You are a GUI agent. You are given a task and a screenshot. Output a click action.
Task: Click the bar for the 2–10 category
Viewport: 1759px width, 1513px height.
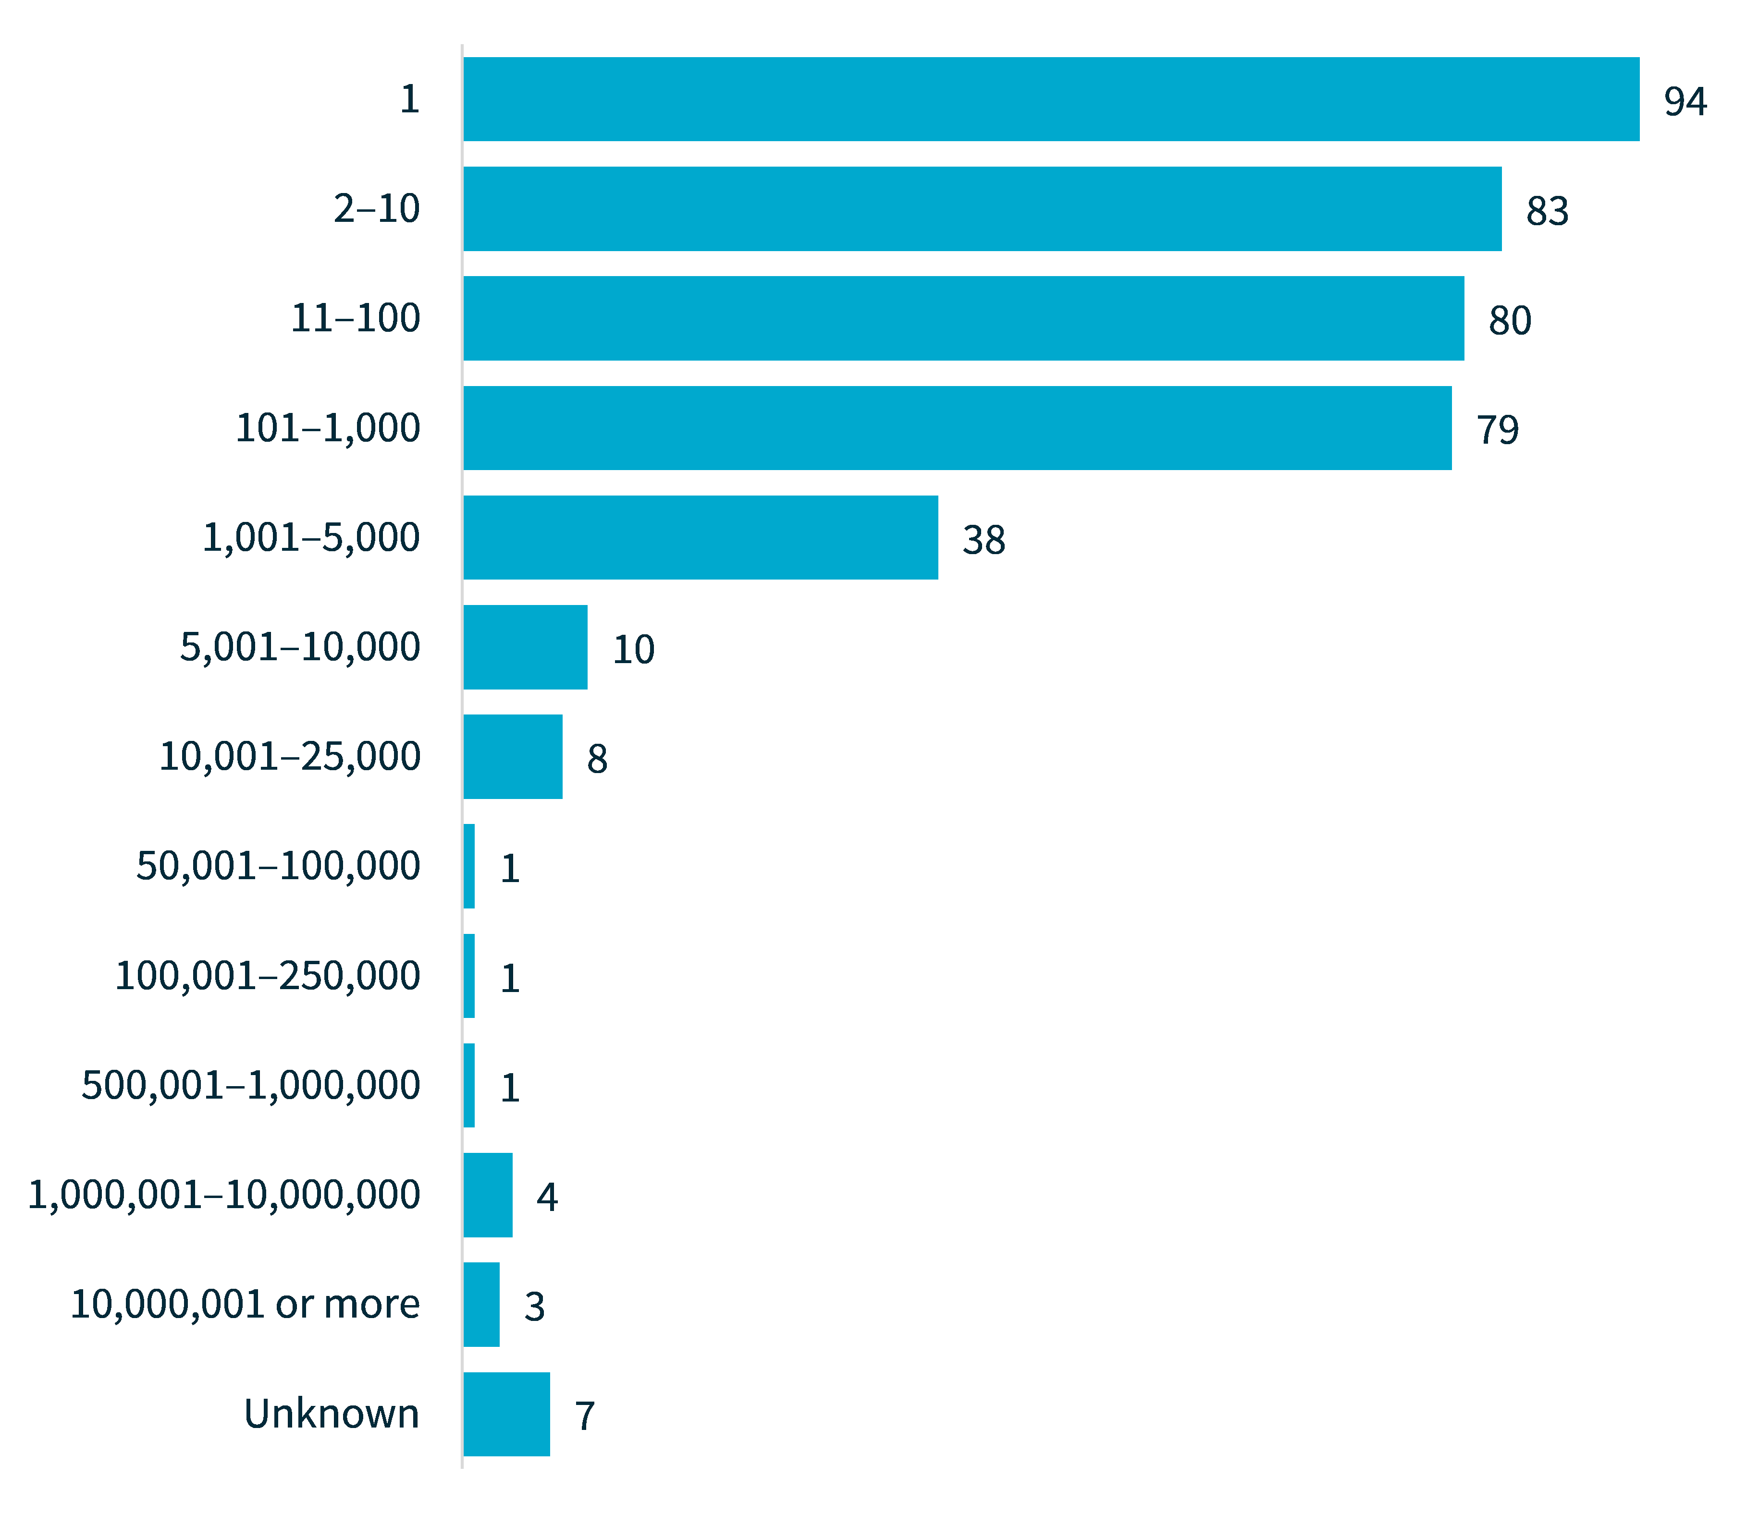coord(982,209)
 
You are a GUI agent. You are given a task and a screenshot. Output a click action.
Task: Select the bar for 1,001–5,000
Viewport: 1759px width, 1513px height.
coord(701,538)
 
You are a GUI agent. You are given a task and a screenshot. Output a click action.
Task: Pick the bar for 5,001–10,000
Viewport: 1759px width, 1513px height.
coord(526,647)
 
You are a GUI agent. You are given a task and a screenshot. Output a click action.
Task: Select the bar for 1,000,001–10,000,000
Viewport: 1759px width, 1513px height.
coord(488,1195)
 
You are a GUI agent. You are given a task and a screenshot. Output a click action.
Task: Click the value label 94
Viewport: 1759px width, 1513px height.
coord(1685,102)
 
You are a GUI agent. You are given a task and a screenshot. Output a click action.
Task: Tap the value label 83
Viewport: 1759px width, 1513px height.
coord(1547,211)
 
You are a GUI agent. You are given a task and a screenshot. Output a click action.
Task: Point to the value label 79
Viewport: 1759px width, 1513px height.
coord(1498,430)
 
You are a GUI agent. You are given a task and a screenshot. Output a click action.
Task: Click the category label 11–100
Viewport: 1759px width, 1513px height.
coord(355,319)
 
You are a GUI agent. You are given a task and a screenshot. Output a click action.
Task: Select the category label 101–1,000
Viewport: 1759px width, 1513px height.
coord(328,428)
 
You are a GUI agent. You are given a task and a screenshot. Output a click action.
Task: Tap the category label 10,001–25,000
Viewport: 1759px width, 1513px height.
coord(290,757)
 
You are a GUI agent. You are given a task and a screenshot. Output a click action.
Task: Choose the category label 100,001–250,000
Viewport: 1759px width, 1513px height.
coord(268,976)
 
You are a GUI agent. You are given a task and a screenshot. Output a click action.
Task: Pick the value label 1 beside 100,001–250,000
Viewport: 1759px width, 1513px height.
coord(509,979)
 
